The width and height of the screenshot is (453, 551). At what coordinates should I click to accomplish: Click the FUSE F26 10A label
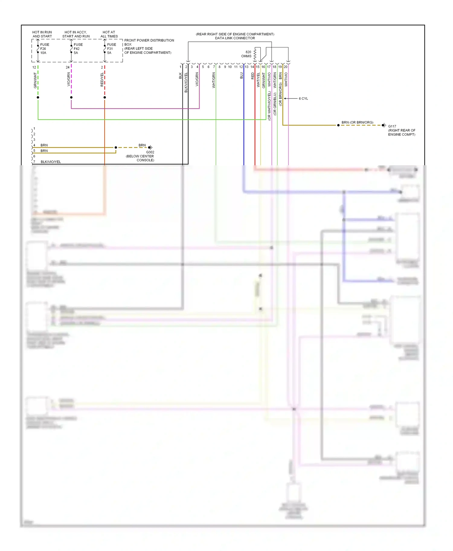pos(44,49)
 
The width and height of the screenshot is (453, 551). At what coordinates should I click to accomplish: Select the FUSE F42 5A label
pos(78,49)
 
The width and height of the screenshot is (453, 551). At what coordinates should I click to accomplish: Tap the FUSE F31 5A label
pos(111,49)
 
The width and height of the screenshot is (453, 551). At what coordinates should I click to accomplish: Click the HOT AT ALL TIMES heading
pos(109,34)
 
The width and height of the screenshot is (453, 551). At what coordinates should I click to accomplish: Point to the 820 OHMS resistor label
pos(247,54)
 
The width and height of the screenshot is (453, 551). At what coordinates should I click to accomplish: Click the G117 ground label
pos(392,126)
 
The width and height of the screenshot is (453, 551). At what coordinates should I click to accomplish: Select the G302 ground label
pos(150,152)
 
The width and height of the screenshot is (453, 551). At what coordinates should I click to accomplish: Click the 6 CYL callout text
pos(303,98)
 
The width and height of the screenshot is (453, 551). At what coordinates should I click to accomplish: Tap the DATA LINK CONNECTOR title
pos(235,38)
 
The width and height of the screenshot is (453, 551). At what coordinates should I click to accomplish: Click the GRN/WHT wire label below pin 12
pos(35,80)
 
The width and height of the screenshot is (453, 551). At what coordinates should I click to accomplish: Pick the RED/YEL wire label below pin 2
pos(102,79)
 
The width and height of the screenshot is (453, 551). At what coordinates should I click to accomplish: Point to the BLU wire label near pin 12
pos(241,76)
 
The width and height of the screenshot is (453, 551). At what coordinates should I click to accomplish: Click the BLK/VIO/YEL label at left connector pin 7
pos(51,162)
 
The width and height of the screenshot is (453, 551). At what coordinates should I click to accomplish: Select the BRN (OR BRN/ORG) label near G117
pos(357,122)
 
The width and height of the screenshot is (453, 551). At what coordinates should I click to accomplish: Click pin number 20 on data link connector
pos(285,67)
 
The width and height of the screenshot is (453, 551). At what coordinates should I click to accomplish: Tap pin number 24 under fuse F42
pos(67,67)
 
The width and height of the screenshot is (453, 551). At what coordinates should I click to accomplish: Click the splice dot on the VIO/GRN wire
pos(71,98)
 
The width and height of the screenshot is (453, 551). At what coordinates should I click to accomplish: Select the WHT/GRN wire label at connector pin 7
pos(214,80)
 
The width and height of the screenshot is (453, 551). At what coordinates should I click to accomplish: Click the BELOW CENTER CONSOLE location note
pos(140,158)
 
